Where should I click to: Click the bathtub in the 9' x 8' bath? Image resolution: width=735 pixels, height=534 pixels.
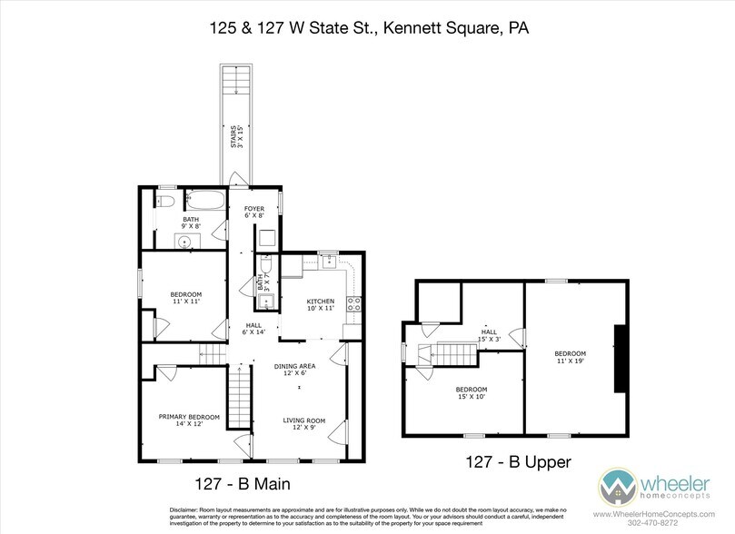[x=204, y=200]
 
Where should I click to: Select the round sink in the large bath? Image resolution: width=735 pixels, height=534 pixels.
[x=184, y=242]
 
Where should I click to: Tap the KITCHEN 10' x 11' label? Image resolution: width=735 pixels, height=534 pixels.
[x=320, y=305]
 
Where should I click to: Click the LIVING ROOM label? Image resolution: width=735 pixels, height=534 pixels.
[x=304, y=424]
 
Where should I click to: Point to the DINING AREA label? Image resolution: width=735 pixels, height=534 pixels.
[x=297, y=370]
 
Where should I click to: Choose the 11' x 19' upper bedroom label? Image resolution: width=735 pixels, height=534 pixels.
[x=571, y=357]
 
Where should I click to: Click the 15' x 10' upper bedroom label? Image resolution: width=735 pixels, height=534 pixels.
[x=472, y=393]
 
